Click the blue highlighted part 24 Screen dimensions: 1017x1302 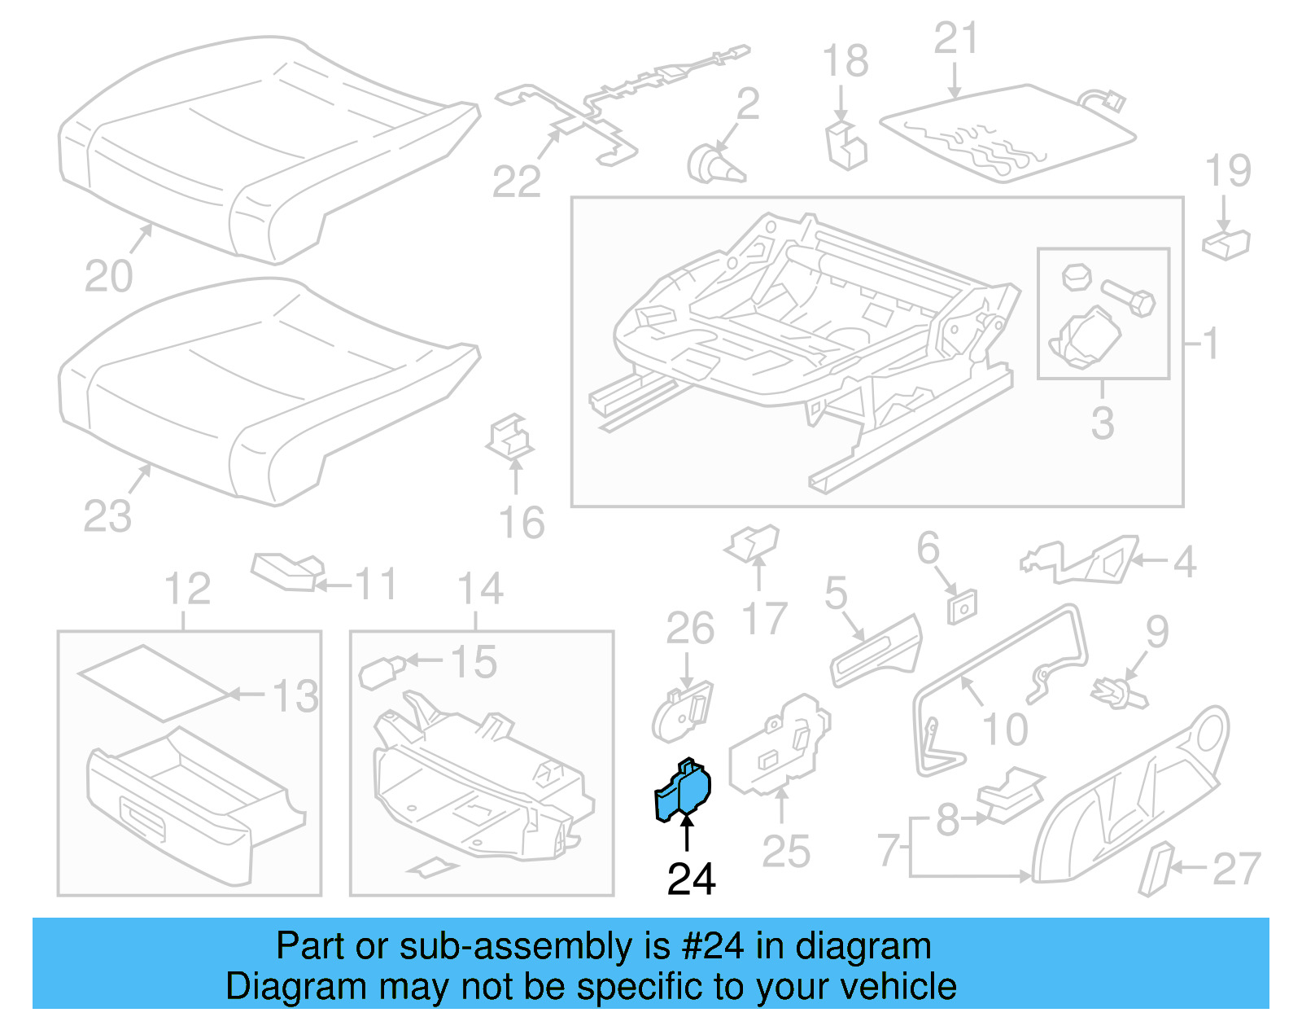click(684, 791)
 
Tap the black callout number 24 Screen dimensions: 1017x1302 click(691, 879)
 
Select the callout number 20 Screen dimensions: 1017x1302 click(108, 277)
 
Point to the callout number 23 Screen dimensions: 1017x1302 click(107, 517)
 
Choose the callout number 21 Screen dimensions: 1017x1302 click(956, 38)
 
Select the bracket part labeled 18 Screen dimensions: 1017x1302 click(846, 147)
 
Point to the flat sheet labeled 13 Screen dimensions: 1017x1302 click(153, 682)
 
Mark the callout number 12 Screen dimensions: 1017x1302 click(187, 589)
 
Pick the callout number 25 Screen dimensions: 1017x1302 click(786, 852)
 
